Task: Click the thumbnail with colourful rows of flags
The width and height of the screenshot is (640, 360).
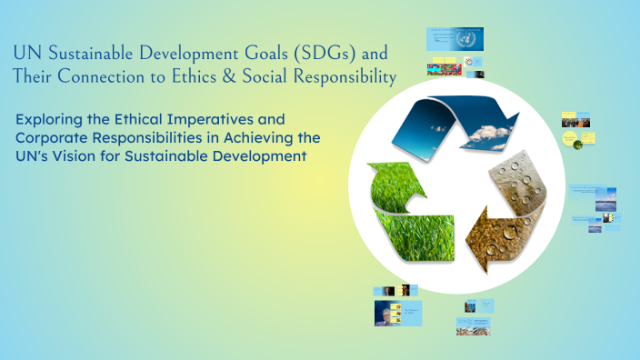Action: click(443, 68)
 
